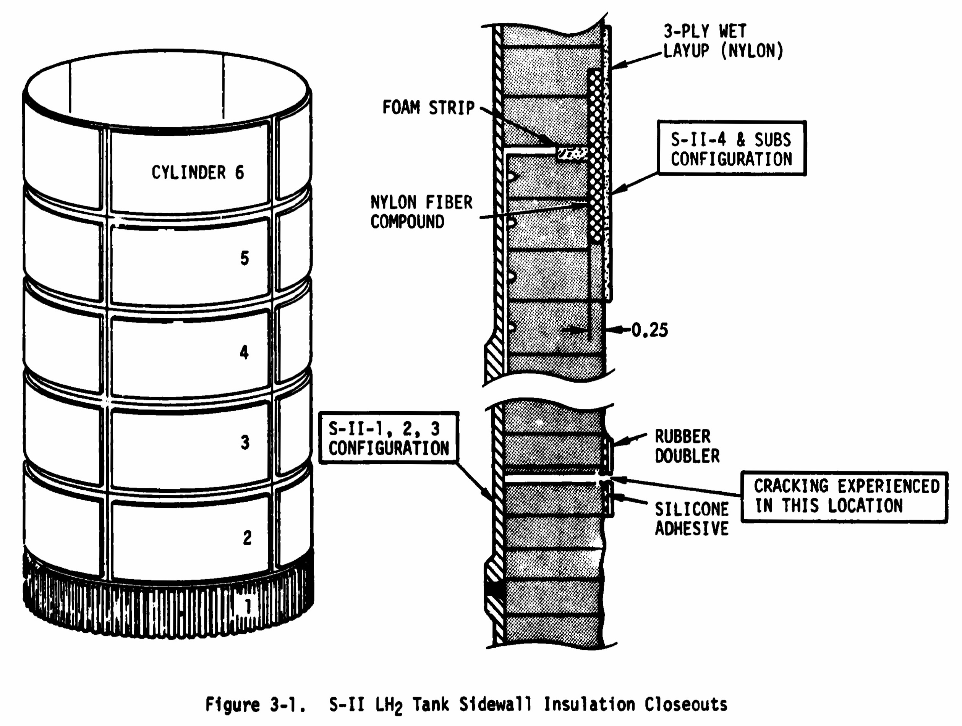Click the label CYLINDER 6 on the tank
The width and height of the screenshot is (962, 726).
coord(198,172)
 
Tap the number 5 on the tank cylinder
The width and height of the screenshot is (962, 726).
coord(245,258)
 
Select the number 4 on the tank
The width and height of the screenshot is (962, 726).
coord(245,352)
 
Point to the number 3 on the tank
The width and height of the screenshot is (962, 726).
coord(245,442)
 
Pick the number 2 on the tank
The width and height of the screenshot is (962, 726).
coord(247,538)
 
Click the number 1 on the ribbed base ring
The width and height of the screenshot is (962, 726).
coord(248,606)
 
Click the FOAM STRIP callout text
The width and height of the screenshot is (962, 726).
coord(428,107)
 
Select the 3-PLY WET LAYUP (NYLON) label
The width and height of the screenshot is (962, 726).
coord(723,41)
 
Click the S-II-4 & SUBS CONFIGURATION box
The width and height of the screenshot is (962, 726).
coord(732,149)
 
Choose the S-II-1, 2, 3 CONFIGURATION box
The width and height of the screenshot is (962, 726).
coord(389,438)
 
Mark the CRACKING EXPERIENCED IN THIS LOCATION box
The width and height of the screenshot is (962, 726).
coord(844,496)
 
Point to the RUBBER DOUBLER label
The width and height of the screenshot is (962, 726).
coord(687,446)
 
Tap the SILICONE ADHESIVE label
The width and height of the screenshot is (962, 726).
coord(692,519)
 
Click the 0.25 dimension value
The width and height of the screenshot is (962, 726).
coord(649,330)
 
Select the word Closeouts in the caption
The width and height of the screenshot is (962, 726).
coord(686,704)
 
